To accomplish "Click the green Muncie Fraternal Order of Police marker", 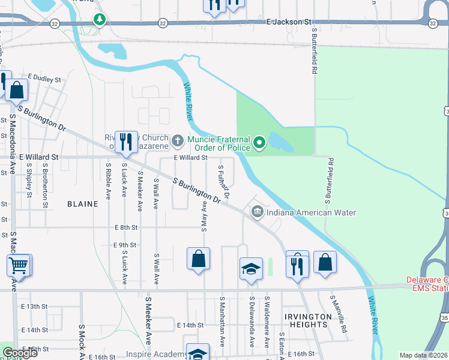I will [259, 142].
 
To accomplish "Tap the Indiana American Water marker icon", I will [258, 211].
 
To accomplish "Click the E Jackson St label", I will [291, 22].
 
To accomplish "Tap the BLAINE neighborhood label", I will [83, 204].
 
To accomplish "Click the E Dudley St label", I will [45, 79].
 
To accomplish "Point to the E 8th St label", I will [126, 228].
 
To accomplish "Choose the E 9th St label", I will [125, 245].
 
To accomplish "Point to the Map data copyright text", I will [424, 355].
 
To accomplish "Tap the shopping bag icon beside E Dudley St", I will [17, 90].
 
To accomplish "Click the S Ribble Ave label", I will [108, 180].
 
